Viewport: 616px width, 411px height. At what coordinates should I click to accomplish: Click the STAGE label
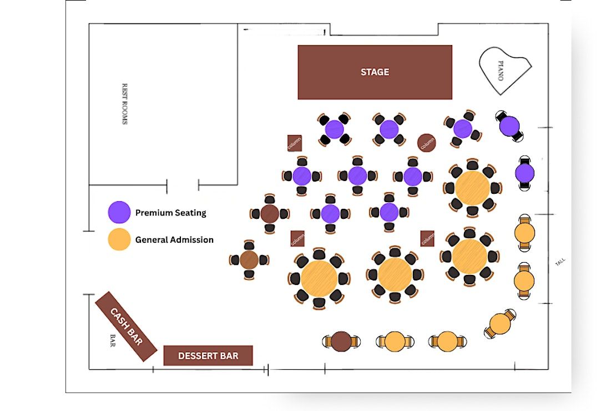[x=375, y=72]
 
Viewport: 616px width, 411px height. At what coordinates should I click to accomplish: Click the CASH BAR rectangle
[x=126, y=326]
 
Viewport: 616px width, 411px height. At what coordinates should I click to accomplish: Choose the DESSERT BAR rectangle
[x=208, y=356]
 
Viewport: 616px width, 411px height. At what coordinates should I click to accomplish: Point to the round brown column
[x=427, y=143]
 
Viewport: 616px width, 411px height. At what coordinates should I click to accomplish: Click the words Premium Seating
[x=170, y=213]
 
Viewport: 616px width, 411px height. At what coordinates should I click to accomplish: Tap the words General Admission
[x=174, y=240]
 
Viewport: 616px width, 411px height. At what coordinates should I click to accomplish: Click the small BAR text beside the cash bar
[x=112, y=341]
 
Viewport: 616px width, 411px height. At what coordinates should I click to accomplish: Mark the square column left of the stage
[x=295, y=143]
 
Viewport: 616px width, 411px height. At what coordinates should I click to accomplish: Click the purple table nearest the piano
[x=509, y=126]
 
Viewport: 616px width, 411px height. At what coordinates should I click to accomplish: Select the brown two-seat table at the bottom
[x=341, y=342]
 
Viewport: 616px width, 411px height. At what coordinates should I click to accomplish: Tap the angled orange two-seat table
[x=500, y=324]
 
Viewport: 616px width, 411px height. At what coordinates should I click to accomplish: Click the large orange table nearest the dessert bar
[x=319, y=278]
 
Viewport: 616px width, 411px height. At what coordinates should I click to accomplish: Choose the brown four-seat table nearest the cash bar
[x=249, y=259]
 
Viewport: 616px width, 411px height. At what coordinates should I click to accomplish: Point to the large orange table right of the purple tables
[x=472, y=188]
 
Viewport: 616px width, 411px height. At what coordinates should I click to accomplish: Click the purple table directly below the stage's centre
[x=389, y=129]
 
